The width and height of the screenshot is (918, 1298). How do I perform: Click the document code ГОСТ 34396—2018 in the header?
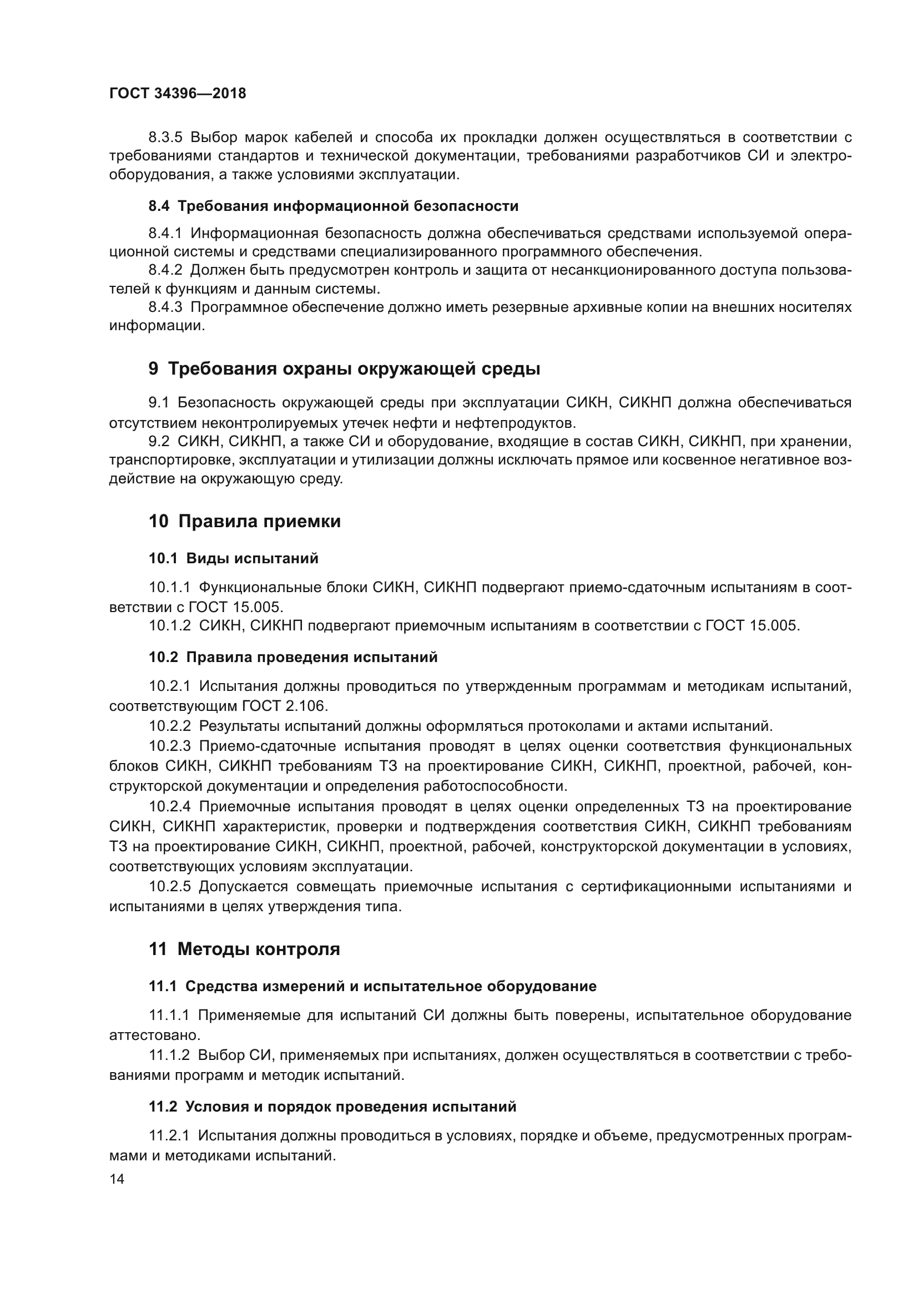coord(178,94)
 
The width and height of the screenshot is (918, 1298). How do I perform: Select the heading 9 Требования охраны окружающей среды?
coord(344,369)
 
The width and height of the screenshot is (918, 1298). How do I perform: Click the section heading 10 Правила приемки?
coord(245,521)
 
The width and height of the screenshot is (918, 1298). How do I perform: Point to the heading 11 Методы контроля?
coord(244,949)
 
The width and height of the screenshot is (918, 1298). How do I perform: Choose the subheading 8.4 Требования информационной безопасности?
coord(334,206)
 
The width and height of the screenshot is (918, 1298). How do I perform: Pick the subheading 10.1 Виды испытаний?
coord(234,559)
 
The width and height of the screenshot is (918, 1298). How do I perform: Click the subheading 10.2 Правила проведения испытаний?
coord(293,657)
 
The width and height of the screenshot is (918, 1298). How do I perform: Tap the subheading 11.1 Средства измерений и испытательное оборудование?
coord(372,987)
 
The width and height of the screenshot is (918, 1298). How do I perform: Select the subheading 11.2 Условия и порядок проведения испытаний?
coord(332,1107)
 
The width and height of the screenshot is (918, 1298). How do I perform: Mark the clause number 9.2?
coord(159,441)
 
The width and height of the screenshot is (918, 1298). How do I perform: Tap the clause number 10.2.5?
coord(170,886)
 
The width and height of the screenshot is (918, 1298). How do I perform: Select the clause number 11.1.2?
coord(170,1055)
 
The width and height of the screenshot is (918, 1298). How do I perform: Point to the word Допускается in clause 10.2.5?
coord(244,886)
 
